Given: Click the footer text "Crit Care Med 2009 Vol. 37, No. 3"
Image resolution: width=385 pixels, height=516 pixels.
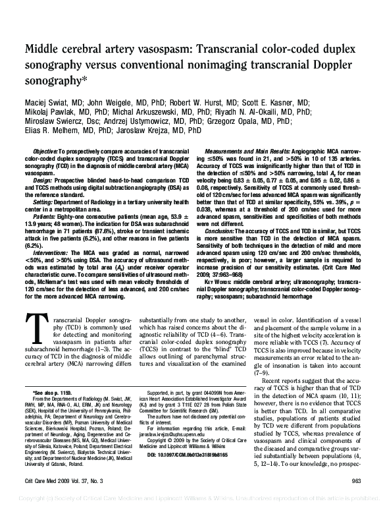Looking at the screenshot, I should point(64,500).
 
